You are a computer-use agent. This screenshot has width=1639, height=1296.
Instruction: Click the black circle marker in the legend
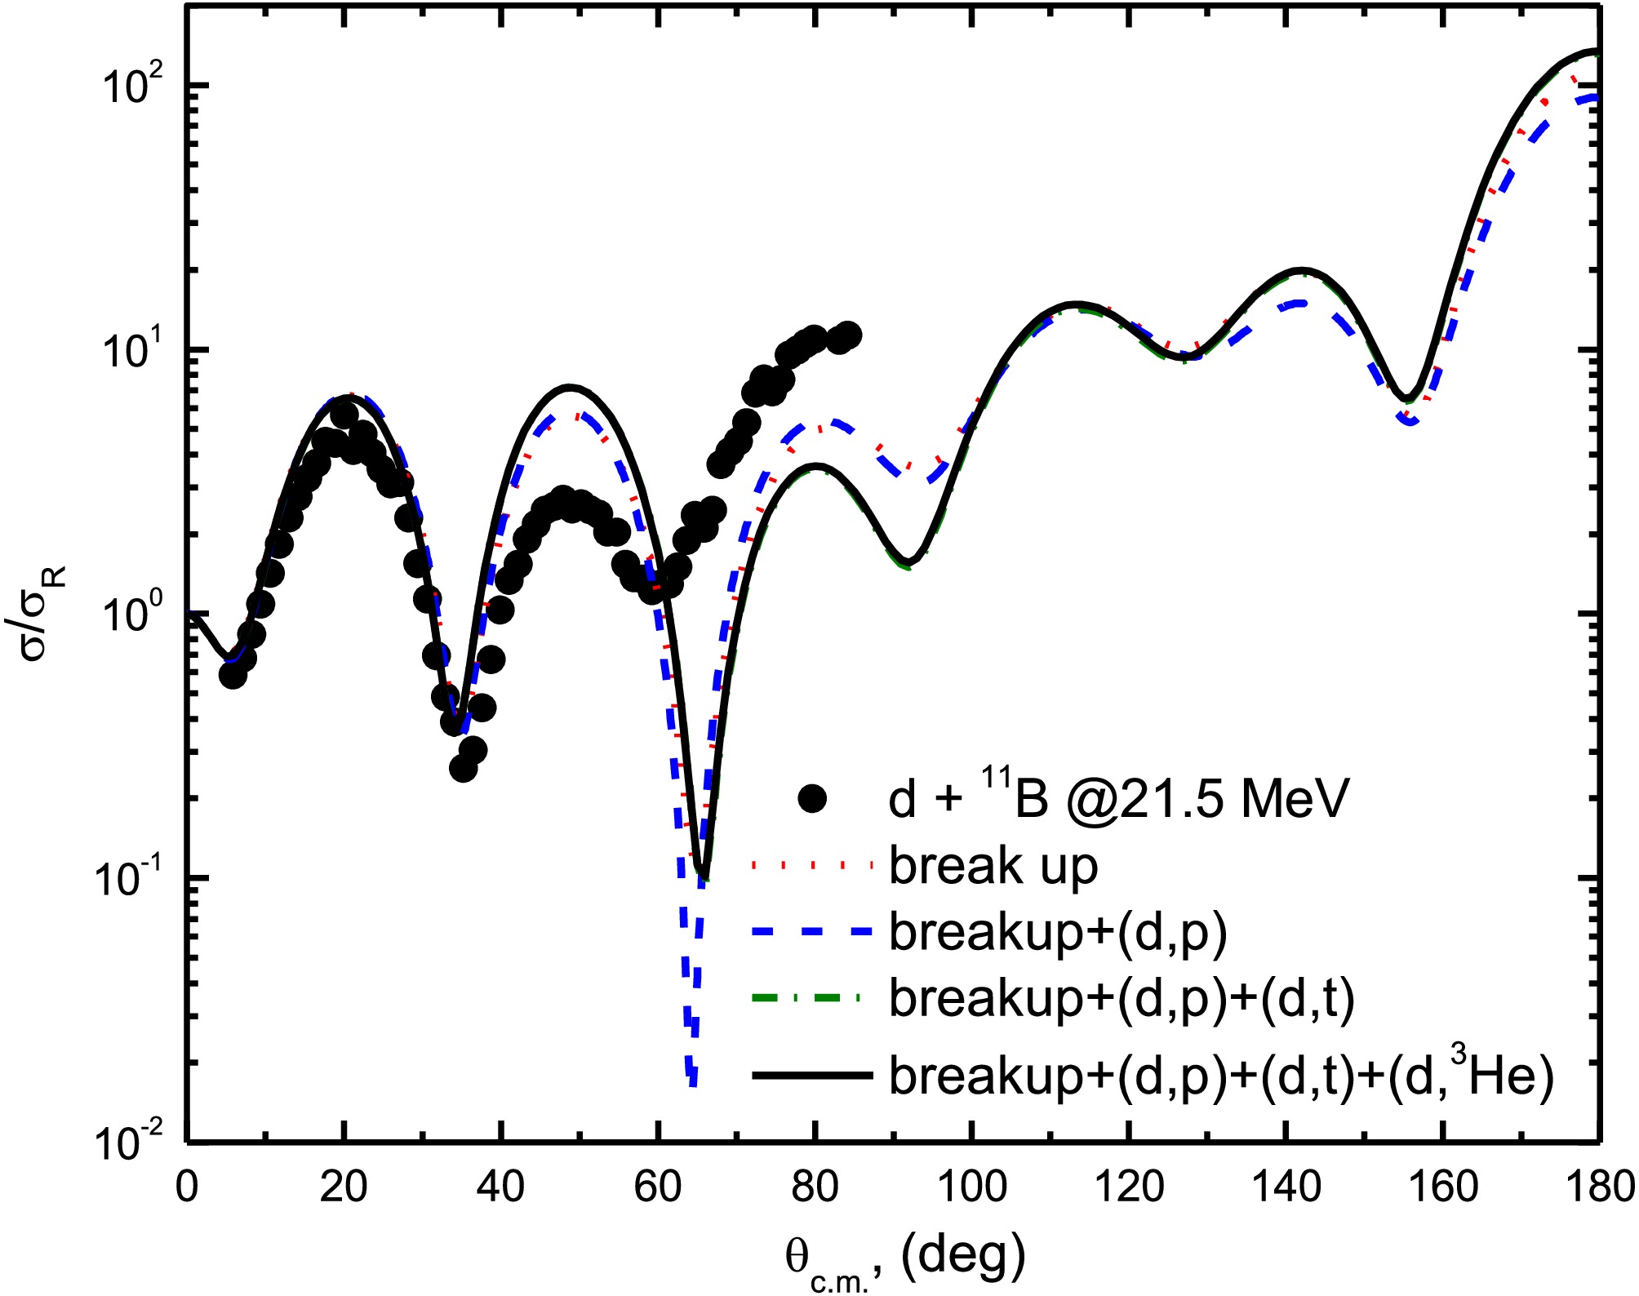[x=812, y=798]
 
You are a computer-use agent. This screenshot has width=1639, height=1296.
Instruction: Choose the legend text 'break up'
[x=993, y=866]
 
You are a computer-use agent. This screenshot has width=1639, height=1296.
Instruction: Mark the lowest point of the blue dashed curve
[x=693, y=1085]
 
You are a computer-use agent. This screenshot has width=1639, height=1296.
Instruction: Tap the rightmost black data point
[x=849, y=335]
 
